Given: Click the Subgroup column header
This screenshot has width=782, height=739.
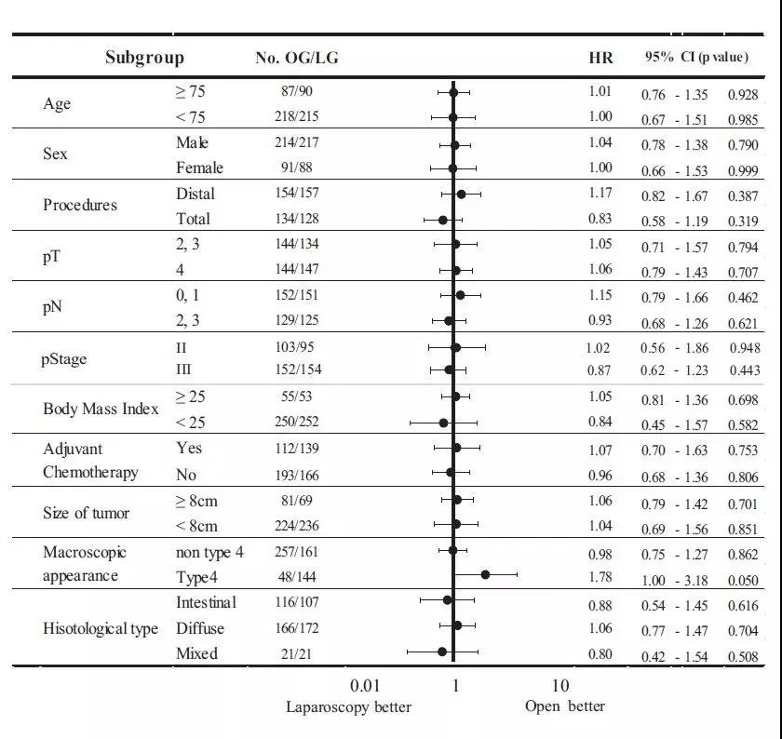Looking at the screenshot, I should click(144, 58).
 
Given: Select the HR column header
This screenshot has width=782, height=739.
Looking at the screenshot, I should click(601, 58).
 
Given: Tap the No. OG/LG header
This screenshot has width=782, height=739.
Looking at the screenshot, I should click(296, 58).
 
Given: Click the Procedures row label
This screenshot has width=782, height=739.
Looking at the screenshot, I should click(80, 205).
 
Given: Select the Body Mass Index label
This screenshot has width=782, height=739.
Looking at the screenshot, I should click(101, 410).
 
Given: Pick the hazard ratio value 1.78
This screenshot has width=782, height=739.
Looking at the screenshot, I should click(600, 577).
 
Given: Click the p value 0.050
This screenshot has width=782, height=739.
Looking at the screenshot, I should click(742, 581).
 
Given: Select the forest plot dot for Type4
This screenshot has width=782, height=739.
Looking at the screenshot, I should click(485, 575).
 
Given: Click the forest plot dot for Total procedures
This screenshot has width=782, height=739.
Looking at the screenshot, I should click(443, 220).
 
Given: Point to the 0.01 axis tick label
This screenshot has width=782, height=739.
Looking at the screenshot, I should click(365, 686).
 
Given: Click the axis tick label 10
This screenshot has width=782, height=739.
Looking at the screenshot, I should click(560, 686).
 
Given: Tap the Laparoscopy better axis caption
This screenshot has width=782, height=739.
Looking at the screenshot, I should click(348, 707).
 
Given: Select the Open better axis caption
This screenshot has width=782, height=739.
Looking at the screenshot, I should click(564, 706).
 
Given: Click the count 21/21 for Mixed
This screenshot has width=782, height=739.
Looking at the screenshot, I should click(294, 653).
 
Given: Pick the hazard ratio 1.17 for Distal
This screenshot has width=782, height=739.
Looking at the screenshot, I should click(600, 193).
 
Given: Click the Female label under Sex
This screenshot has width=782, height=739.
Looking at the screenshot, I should click(199, 168).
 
